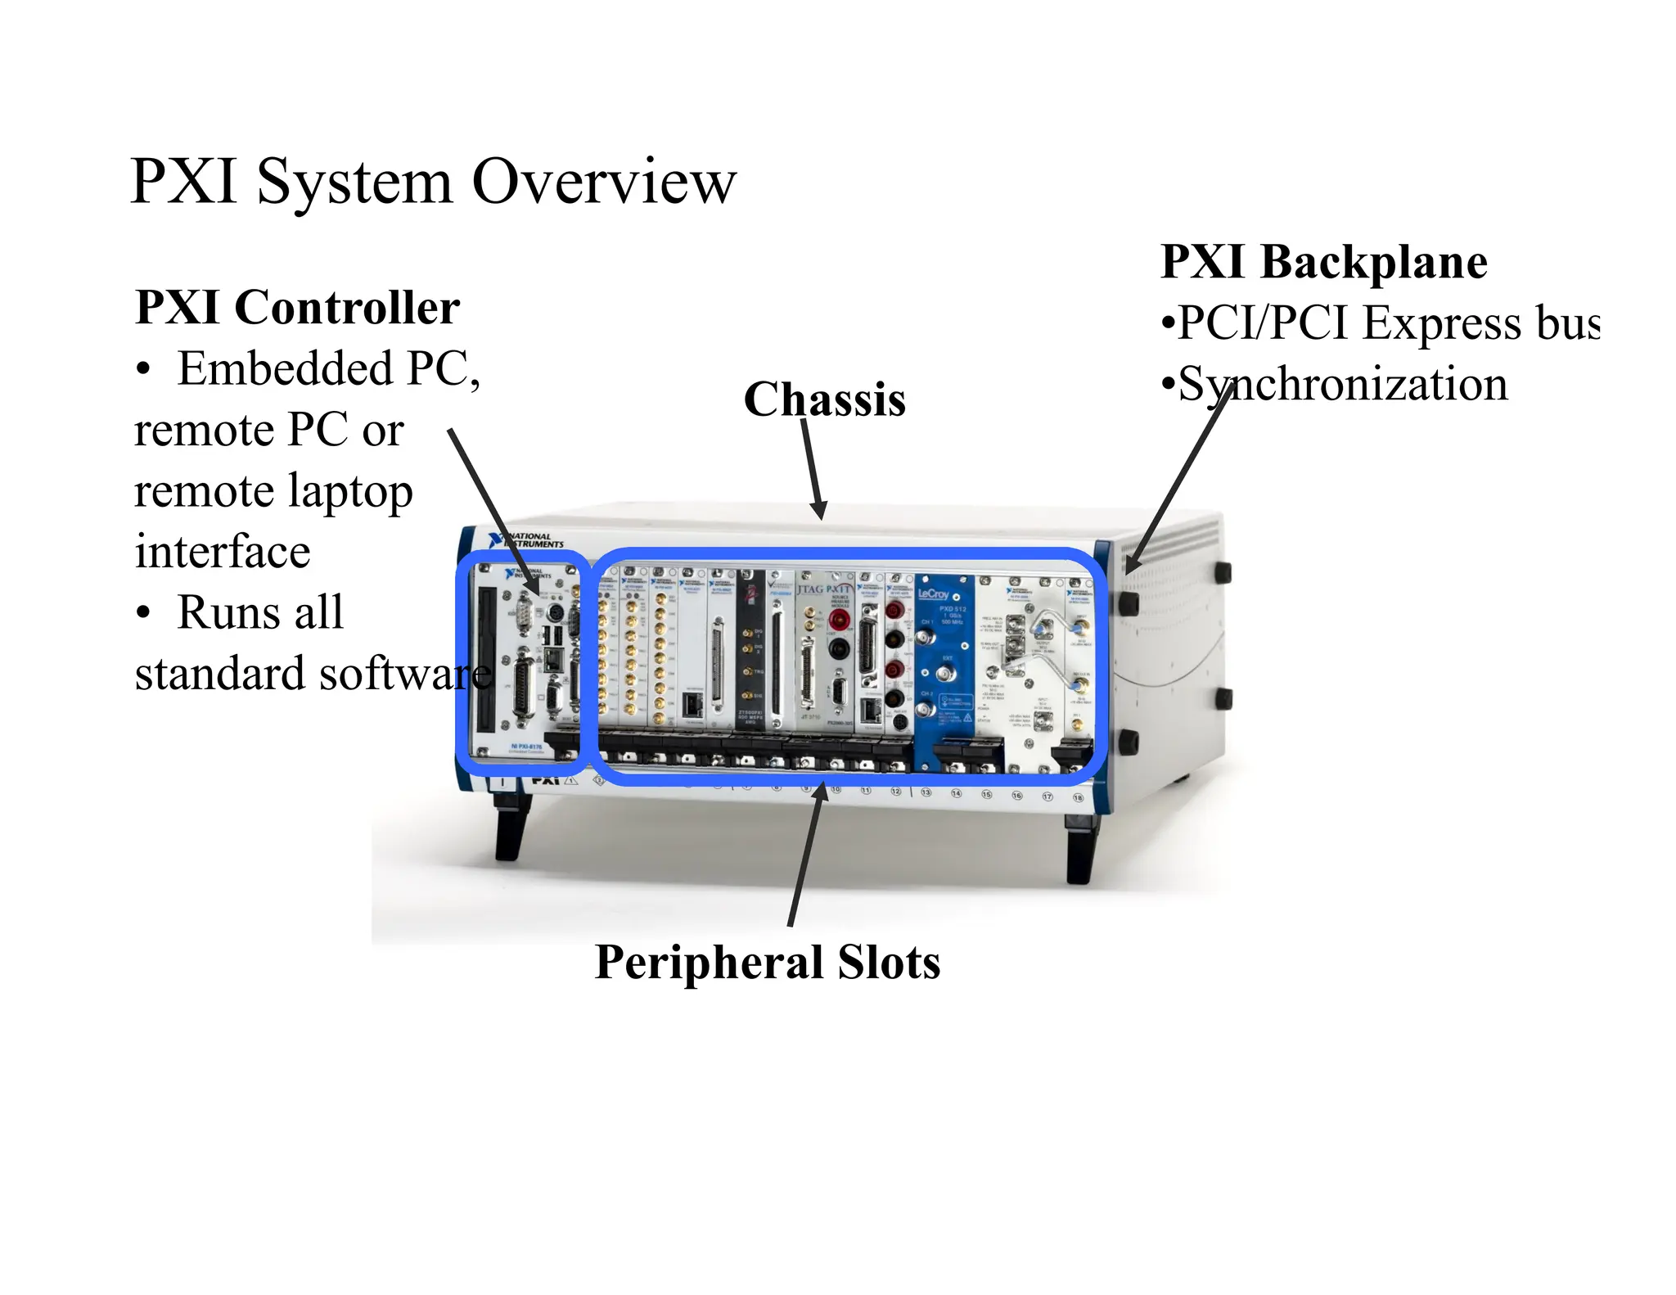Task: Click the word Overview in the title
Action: (x=604, y=181)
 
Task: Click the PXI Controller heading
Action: (x=297, y=308)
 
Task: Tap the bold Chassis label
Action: (x=824, y=399)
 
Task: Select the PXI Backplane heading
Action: (x=1323, y=262)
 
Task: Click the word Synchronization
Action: (x=1342, y=384)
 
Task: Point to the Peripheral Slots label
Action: (x=767, y=962)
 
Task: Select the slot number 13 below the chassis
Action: (x=926, y=792)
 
